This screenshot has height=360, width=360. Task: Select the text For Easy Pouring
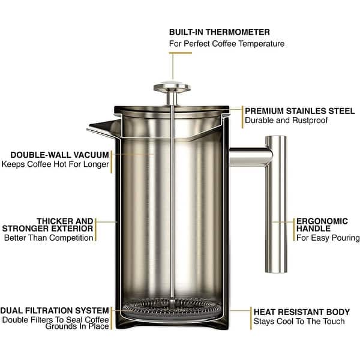click(x=326, y=238)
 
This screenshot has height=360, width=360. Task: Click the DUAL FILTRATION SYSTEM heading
click(x=55, y=310)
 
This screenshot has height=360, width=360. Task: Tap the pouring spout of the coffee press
click(x=98, y=127)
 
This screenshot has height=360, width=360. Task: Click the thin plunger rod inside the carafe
click(x=171, y=198)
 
